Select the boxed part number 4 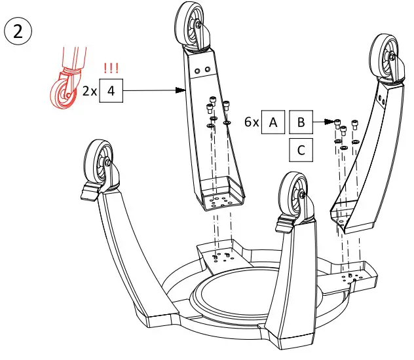111,91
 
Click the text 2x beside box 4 90,92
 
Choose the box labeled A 273,122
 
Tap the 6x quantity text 252,122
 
